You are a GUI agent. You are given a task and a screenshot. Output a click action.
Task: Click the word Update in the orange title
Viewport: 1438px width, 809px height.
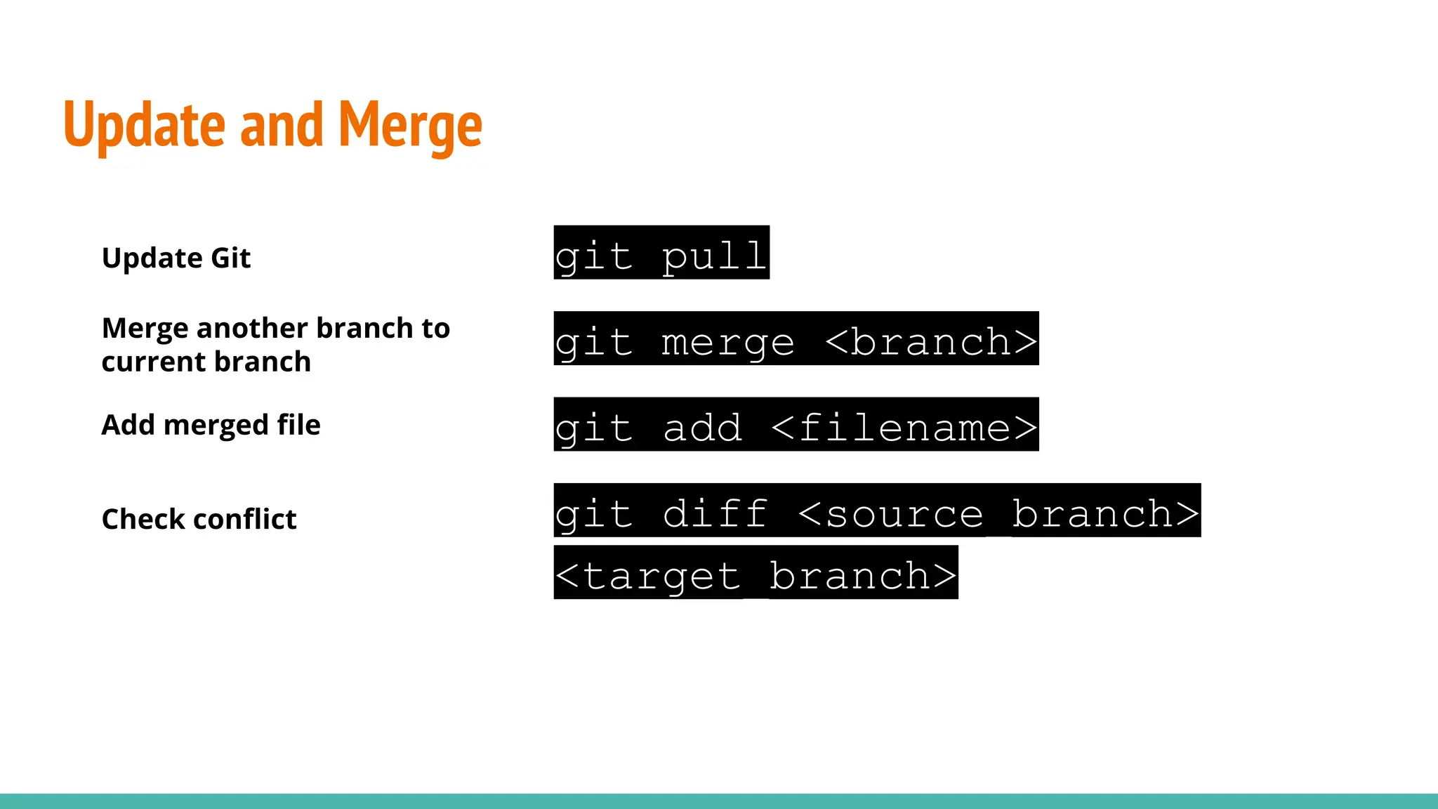coord(144,125)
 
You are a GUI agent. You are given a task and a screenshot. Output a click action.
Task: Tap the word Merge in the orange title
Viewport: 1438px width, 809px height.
coord(410,125)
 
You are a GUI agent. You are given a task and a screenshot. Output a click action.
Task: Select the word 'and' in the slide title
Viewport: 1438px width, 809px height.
coord(282,125)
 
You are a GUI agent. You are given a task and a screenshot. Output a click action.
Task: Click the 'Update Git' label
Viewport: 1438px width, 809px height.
coord(176,258)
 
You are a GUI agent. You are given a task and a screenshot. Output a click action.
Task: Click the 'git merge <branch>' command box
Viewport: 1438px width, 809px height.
coord(796,338)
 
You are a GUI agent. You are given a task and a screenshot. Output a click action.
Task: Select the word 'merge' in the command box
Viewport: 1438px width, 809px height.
coord(727,342)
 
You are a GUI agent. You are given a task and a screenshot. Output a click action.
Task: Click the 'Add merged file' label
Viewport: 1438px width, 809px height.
coord(211,425)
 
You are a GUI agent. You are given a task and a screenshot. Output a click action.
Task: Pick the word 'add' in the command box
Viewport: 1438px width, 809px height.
coord(702,427)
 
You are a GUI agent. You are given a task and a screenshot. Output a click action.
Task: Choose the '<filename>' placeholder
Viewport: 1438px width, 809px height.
coord(904,427)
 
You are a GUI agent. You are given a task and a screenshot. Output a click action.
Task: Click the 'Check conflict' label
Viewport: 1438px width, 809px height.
coord(199,519)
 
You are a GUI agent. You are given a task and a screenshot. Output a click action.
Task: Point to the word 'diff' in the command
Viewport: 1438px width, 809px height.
coord(715,513)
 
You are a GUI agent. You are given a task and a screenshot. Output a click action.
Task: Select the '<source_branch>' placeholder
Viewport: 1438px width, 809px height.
coord(998,513)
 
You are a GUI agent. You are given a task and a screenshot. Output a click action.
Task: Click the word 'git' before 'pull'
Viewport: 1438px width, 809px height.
coord(593,256)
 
